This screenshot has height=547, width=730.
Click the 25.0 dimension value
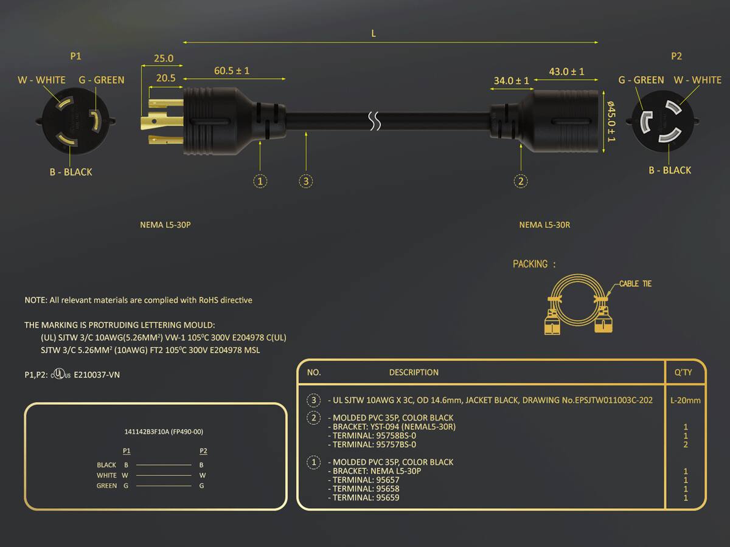click(x=164, y=58)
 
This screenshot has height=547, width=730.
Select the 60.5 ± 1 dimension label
click(x=232, y=71)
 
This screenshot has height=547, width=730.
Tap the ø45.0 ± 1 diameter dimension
click(x=611, y=122)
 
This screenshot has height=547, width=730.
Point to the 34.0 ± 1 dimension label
click(x=511, y=81)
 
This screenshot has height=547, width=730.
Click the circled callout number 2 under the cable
click(x=521, y=181)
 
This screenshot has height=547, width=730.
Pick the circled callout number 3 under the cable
click(x=305, y=181)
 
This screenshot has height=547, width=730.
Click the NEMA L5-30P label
click(x=165, y=225)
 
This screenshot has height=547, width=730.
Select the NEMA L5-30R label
click(x=544, y=225)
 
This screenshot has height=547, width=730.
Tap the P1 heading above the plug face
click(x=76, y=56)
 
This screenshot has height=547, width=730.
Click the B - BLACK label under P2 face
click(x=670, y=170)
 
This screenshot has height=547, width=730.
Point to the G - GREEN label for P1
click(x=102, y=80)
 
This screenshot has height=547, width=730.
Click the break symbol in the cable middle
click(x=375, y=121)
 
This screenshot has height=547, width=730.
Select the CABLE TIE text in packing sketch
click(x=635, y=284)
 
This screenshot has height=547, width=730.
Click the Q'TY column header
click(x=683, y=373)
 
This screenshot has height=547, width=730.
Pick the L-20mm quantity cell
click(x=686, y=400)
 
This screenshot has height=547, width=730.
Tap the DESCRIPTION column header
click(x=414, y=373)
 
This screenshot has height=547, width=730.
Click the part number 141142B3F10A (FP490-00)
click(x=164, y=432)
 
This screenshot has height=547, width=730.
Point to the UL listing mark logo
click(x=60, y=374)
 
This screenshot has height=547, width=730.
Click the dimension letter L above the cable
click(x=374, y=33)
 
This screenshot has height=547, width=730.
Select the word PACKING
click(x=530, y=264)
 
